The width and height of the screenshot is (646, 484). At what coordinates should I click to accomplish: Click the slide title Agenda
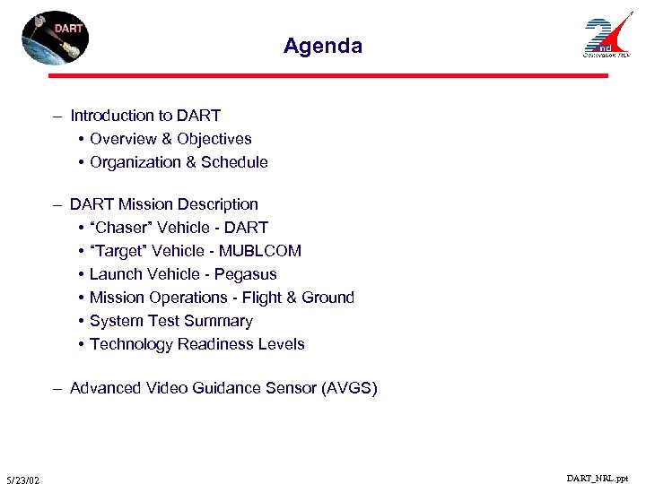click(323, 46)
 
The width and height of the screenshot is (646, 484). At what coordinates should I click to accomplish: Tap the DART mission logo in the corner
click(56, 39)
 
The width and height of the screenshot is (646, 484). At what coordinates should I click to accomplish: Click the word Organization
click(135, 162)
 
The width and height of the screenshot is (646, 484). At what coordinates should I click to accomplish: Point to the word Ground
click(327, 298)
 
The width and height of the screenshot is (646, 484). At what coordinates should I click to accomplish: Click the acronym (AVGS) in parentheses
click(349, 388)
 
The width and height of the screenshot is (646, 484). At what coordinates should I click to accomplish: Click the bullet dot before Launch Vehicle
click(81, 274)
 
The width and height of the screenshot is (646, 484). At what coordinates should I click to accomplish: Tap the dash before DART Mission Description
click(57, 204)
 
